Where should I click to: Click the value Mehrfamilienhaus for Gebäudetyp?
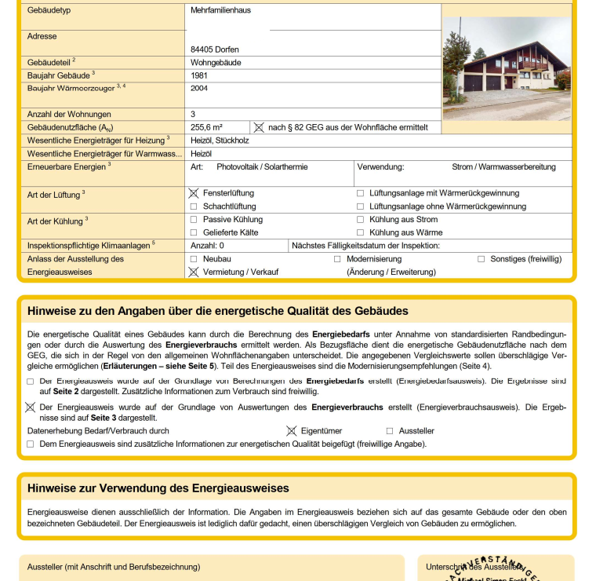220,11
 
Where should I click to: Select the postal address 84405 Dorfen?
215,49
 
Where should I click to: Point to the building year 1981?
199,75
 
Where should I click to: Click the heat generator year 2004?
199,89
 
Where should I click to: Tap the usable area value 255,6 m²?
206,127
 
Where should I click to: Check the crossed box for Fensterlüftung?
194,193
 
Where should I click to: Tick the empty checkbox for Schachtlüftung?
194,206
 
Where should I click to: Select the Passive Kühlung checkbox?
194,220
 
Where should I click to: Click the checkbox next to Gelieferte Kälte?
194,232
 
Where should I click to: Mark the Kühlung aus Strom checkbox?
361,220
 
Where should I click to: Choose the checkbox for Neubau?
194,259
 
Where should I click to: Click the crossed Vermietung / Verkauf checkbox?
194,272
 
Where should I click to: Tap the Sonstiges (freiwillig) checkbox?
482,259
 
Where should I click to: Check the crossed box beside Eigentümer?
291,431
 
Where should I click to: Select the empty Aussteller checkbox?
390,431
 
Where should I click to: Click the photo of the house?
507,69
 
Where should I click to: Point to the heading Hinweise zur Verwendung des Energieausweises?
158,488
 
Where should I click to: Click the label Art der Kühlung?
55,221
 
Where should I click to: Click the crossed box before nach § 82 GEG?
259,127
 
